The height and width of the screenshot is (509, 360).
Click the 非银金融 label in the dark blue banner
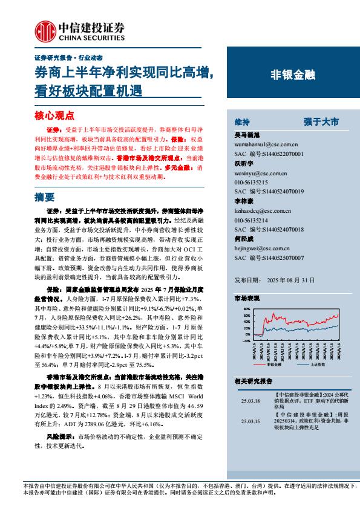(292, 76)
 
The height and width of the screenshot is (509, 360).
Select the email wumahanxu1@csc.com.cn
(265, 144)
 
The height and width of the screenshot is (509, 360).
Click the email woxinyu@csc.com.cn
(260, 174)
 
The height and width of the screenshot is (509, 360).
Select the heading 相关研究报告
(253, 380)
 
